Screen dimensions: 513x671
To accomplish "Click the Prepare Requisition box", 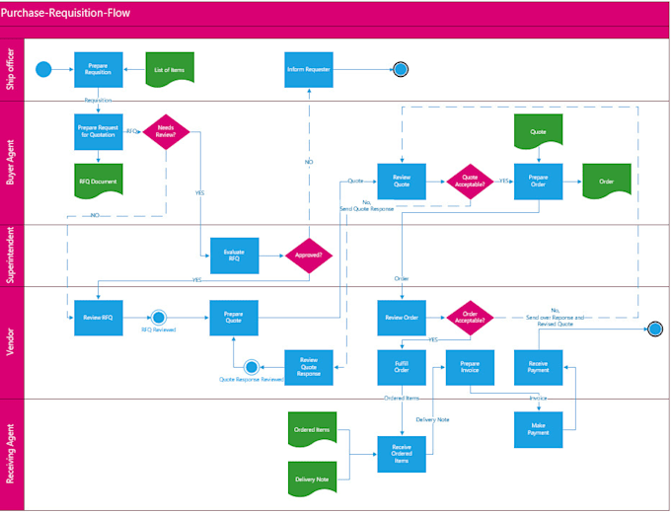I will [98, 69].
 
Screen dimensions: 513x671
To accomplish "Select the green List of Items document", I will [170, 68].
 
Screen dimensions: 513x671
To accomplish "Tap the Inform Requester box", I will [308, 69].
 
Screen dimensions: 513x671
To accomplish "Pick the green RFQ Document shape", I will [98, 182].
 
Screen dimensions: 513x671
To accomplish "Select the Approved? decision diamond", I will [309, 255].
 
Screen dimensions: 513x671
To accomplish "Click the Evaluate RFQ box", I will [235, 255].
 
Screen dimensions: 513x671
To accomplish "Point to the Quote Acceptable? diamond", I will [471, 182].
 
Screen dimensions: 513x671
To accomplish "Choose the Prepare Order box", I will [538, 182].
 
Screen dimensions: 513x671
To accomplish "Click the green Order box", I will [606, 182].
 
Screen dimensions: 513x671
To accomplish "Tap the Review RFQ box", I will [98, 317].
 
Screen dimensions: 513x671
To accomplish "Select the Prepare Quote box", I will [234, 317].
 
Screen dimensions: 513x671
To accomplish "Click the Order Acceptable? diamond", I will [471, 317].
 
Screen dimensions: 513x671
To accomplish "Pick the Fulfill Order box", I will [402, 366].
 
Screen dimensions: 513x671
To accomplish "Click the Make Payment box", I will [538, 427].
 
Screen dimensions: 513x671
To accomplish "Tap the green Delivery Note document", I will [312, 478].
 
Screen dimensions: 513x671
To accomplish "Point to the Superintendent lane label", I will [12, 256].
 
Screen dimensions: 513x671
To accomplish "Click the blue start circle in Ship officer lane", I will [42, 69].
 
